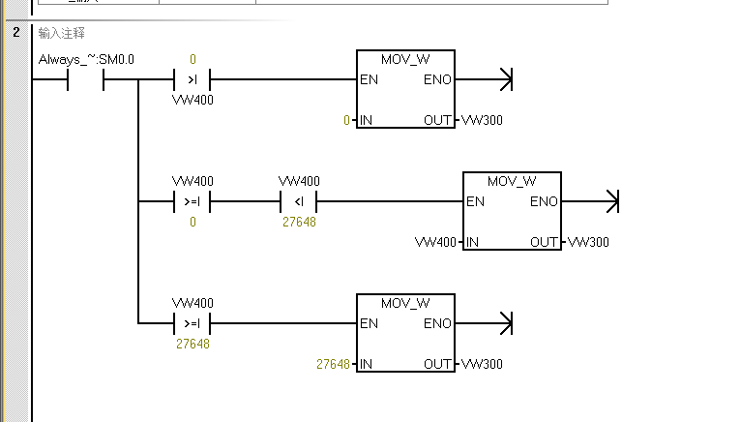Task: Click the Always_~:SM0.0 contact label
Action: [x=86, y=60]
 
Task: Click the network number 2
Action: [x=16, y=33]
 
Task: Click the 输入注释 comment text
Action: [x=61, y=33]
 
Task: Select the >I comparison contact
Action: [x=192, y=79]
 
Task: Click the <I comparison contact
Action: [x=298, y=202]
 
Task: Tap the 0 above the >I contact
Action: [x=192, y=59]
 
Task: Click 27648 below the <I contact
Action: [x=299, y=222]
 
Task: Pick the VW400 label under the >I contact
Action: [x=192, y=100]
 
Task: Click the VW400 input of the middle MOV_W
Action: [x=434, y=241]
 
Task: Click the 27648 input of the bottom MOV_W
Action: [x=333, y=364]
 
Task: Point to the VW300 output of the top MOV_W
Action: [x=483, y=120]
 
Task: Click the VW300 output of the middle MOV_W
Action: [x=589, y=241]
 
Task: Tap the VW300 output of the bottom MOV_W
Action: [x=483, y=364]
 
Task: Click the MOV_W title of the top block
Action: [x=405, y=60]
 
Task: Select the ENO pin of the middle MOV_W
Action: [x=545, y=202]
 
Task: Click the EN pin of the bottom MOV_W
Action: [x=369, y=323]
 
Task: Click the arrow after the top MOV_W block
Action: [x=504, y=79]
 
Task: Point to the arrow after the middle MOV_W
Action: [x=610, y=202]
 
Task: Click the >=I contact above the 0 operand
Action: [x=192, y=202]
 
